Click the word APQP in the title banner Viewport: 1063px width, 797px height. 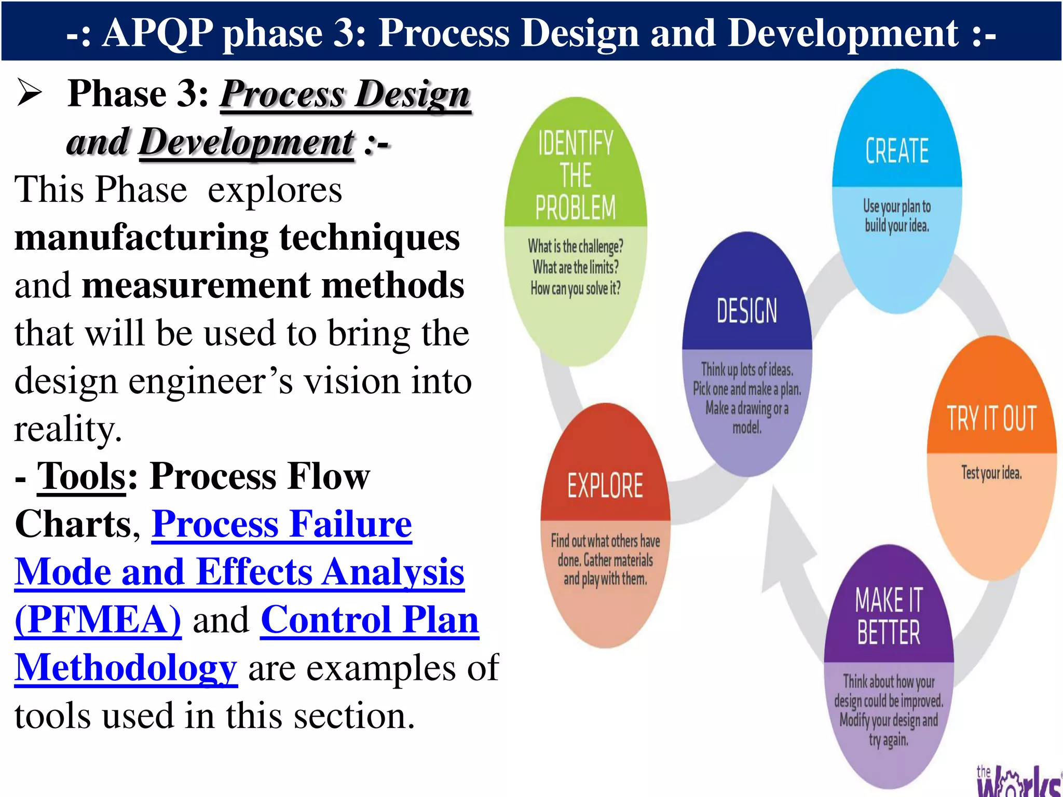157,33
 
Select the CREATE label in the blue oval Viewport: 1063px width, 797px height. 897,151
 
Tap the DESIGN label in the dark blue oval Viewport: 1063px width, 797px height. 747,311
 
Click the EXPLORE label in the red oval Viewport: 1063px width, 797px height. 605,486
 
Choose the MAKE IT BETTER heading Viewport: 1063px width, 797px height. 889,616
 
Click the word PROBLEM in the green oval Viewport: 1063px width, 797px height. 576,208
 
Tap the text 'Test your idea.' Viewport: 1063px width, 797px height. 991,473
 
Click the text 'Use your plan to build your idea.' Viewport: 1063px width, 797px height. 897,215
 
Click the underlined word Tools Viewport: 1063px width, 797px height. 81,476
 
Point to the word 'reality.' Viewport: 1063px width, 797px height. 68,429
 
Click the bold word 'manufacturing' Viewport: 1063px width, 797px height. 141,238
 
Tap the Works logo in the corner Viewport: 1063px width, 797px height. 1017,781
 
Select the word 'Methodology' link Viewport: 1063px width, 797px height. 126,667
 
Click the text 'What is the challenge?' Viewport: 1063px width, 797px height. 576,246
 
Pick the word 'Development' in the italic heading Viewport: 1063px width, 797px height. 247,142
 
